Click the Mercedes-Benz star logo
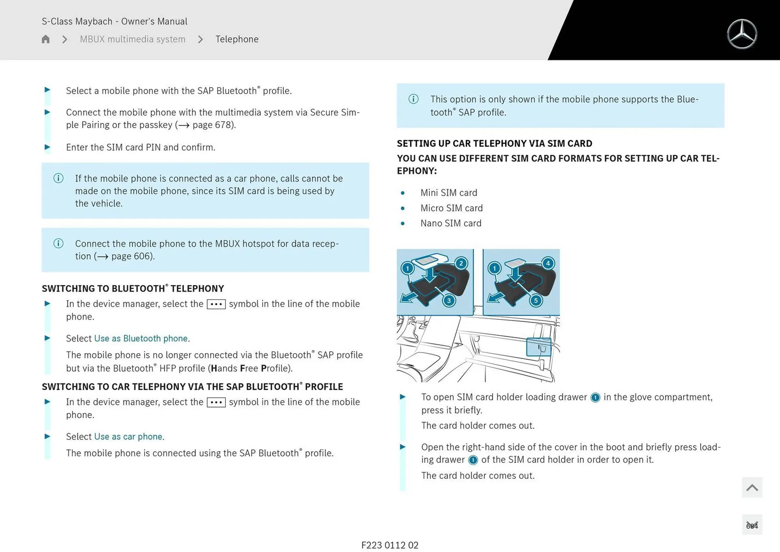[x=742, y=34]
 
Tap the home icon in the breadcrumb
[x=45, y=39]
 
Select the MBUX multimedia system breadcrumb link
[x=132, y=39]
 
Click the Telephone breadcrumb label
[x=237, y=39]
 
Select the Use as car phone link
[x=129, y=436]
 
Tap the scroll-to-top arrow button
[x=752, y=487]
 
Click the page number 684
[x=752, y=526]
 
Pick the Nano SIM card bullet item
[x=451, y=223]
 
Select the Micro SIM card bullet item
[x=451, y=208]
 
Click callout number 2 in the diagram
[x=461, y=263]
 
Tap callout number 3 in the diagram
[x=449, y=300]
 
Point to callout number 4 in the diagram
[x=548, y=263]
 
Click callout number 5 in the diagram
[x=536, y=300]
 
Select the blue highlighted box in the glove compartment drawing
[x=539, y=347]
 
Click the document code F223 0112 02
[x=390, y=545]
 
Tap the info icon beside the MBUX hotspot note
[x=58, y=243]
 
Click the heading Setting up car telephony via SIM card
[x=494, y=143]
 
